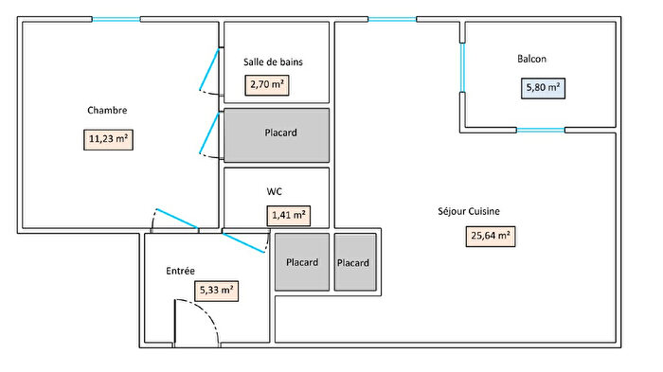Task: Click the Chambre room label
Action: coord(107,111)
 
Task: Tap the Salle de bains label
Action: coord(273,62)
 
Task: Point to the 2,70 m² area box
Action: coord(268,85)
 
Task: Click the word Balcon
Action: coord(531,59)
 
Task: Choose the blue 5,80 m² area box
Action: coord(543,89)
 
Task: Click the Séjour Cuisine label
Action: coord(469,211)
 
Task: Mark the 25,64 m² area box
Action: coord(491,236)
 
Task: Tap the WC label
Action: coord(275,191)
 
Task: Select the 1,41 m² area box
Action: coord(289,216)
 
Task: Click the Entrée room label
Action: coord(180,271)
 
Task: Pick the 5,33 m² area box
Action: coord(215,291)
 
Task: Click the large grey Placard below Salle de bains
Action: coord(277,133)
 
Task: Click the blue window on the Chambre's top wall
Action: coord(116,19)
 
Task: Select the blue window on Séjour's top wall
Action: coord(391,19)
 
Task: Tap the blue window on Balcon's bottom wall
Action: coord(540,130)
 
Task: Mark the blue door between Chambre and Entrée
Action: coord(174,219)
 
